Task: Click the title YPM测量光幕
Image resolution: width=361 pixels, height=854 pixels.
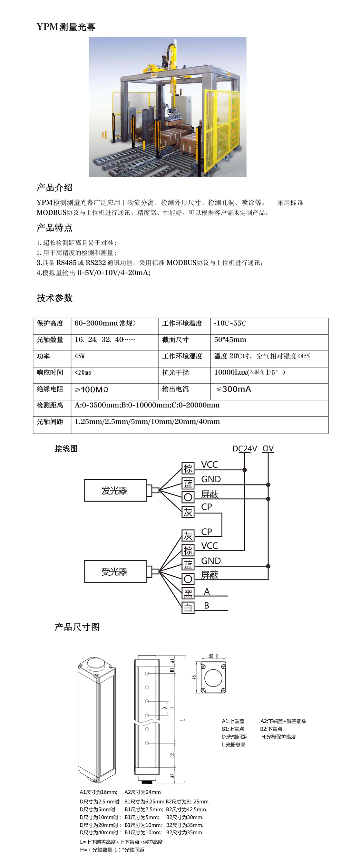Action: (66, 27)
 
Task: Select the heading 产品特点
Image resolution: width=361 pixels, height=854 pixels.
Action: (54, 228)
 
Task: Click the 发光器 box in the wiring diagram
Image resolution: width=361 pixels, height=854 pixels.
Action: (115, 490)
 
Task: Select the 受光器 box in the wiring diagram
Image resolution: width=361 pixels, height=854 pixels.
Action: (115, 571)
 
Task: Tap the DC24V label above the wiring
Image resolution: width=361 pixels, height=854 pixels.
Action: (245, 448)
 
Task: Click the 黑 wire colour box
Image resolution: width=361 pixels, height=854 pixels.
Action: (188, 593)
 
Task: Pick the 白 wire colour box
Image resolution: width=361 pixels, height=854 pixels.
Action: (188, 607)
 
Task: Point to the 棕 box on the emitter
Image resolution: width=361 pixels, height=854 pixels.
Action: (188, 468)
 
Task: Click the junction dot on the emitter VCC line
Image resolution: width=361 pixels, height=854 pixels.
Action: (245, 470)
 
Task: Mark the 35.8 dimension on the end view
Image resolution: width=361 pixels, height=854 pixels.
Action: (213, 657)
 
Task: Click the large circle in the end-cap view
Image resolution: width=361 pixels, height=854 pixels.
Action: (213, 678)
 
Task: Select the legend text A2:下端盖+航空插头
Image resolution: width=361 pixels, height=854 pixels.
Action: (283, 721)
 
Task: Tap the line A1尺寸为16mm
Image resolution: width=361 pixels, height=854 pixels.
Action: (99, 792)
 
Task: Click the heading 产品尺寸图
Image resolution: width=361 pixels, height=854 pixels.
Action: (77, 627)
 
